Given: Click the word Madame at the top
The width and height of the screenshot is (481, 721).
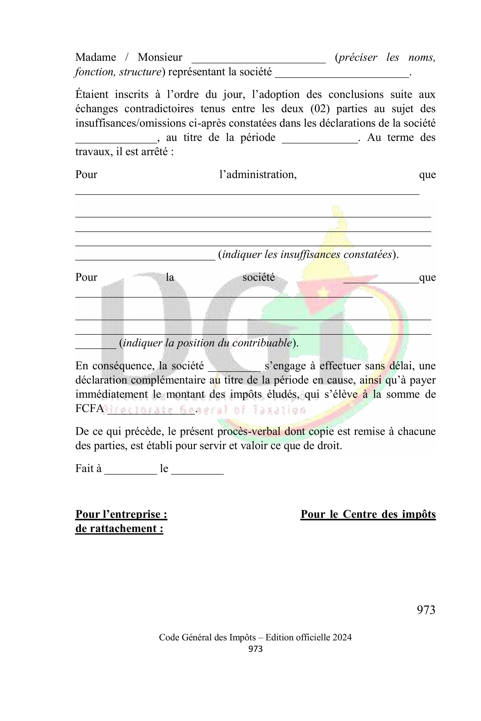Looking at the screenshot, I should pos(96,57).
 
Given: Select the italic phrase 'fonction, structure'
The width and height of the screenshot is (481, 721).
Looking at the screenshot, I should pos(118,72).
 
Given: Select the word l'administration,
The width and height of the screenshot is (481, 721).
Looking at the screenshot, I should pos(258,175).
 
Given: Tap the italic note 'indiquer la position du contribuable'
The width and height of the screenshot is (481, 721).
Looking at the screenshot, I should pos(207,343).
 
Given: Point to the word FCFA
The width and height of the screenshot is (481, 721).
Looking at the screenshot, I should pos(90,409).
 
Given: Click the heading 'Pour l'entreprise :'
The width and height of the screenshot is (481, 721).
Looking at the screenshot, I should pos(121,514).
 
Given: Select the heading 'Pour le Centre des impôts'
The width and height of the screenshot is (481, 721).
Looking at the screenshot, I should pos(368,514).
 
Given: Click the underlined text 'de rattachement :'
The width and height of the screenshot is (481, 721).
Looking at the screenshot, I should pos(119,528).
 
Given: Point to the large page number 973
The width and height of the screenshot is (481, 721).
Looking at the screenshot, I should pos(426,610).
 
